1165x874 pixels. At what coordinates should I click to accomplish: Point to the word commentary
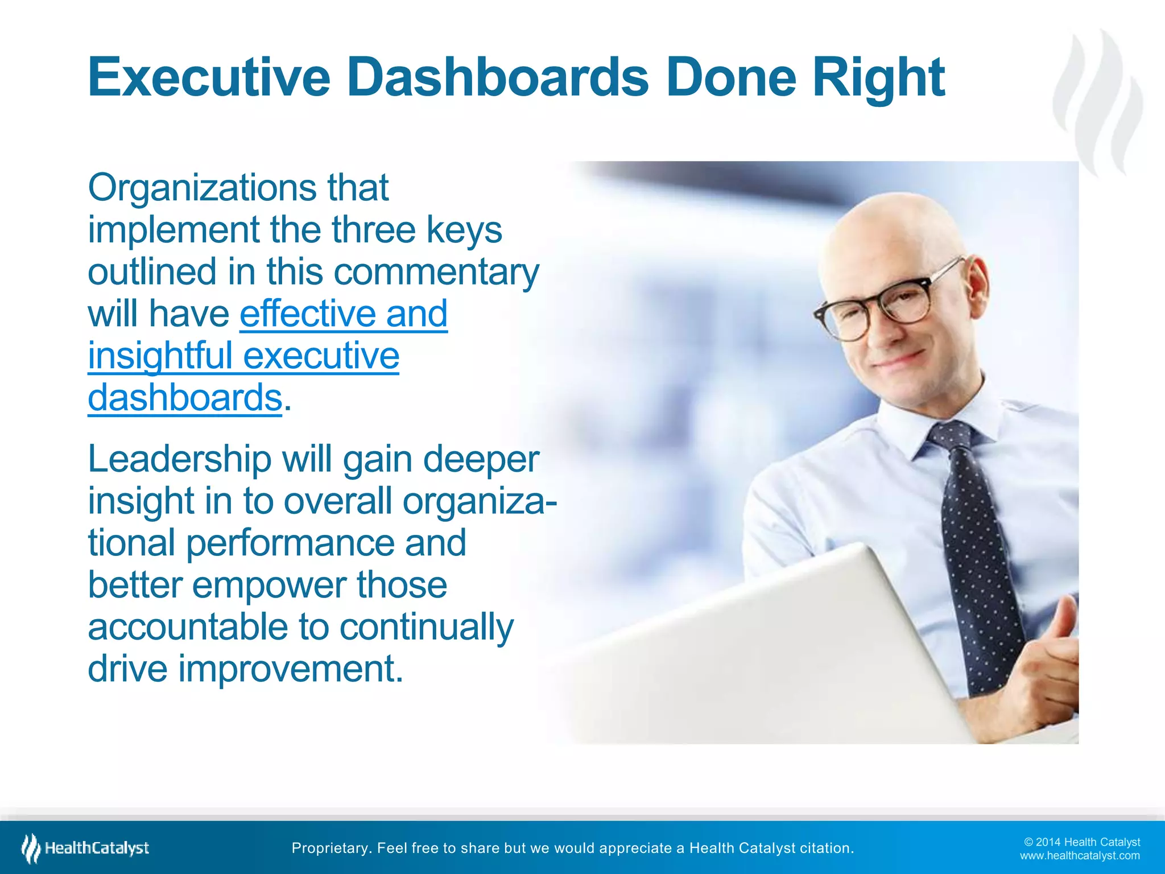pos(436,272)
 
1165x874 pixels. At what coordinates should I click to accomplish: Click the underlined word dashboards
pos(185,398)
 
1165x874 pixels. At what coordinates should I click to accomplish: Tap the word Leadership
pos(179,459)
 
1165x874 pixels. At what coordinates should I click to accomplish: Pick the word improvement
pos(291,669)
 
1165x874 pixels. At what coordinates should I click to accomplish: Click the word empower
pos(268,585)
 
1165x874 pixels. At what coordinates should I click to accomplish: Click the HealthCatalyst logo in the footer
pos(85,848)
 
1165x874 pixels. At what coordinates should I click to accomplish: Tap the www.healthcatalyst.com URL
pos(1079,856)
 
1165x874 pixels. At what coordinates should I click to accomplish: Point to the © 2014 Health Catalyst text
pos(1081,842)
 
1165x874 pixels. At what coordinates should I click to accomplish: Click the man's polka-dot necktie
pos(976,546)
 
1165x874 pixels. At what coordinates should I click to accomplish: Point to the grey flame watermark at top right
pos(1098,102)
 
